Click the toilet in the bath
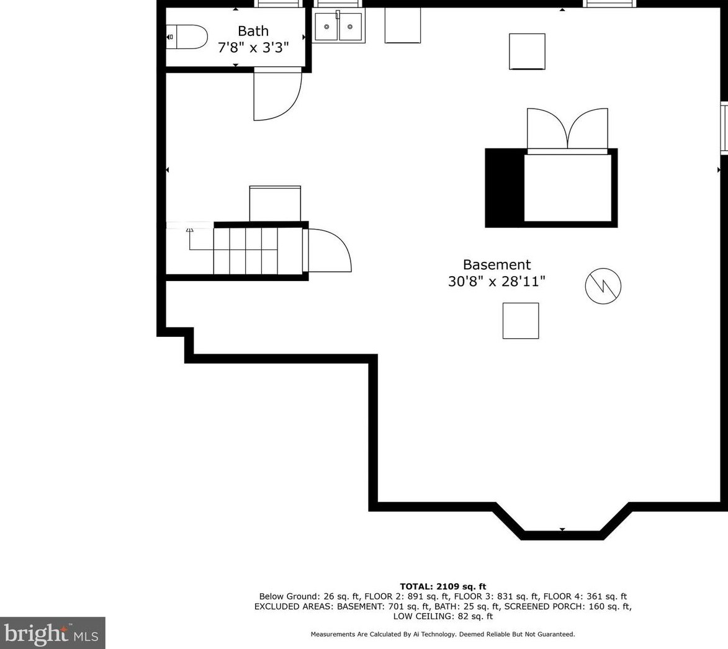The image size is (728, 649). pos(187,37)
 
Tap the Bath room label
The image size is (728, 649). pos(253,31)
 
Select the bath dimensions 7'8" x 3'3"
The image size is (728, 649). pos(253,47)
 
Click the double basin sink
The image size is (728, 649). pos(338,27)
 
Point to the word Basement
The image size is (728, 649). pos(497,265)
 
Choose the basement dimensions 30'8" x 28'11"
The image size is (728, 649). pos(497,282)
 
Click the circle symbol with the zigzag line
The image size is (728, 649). pos(603,286)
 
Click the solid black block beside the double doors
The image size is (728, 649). pos(504,187)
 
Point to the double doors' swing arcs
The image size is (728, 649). pos(567,128)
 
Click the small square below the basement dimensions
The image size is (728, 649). pos(520,321)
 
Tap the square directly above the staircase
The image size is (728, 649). pos(275,204)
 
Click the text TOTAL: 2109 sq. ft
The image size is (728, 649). pos(443,586)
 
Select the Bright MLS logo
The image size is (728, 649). pos(52,633)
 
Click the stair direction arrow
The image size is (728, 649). pos(190,230)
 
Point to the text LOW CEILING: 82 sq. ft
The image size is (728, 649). pos(443,616)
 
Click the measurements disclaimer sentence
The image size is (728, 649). pos(443,634)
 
